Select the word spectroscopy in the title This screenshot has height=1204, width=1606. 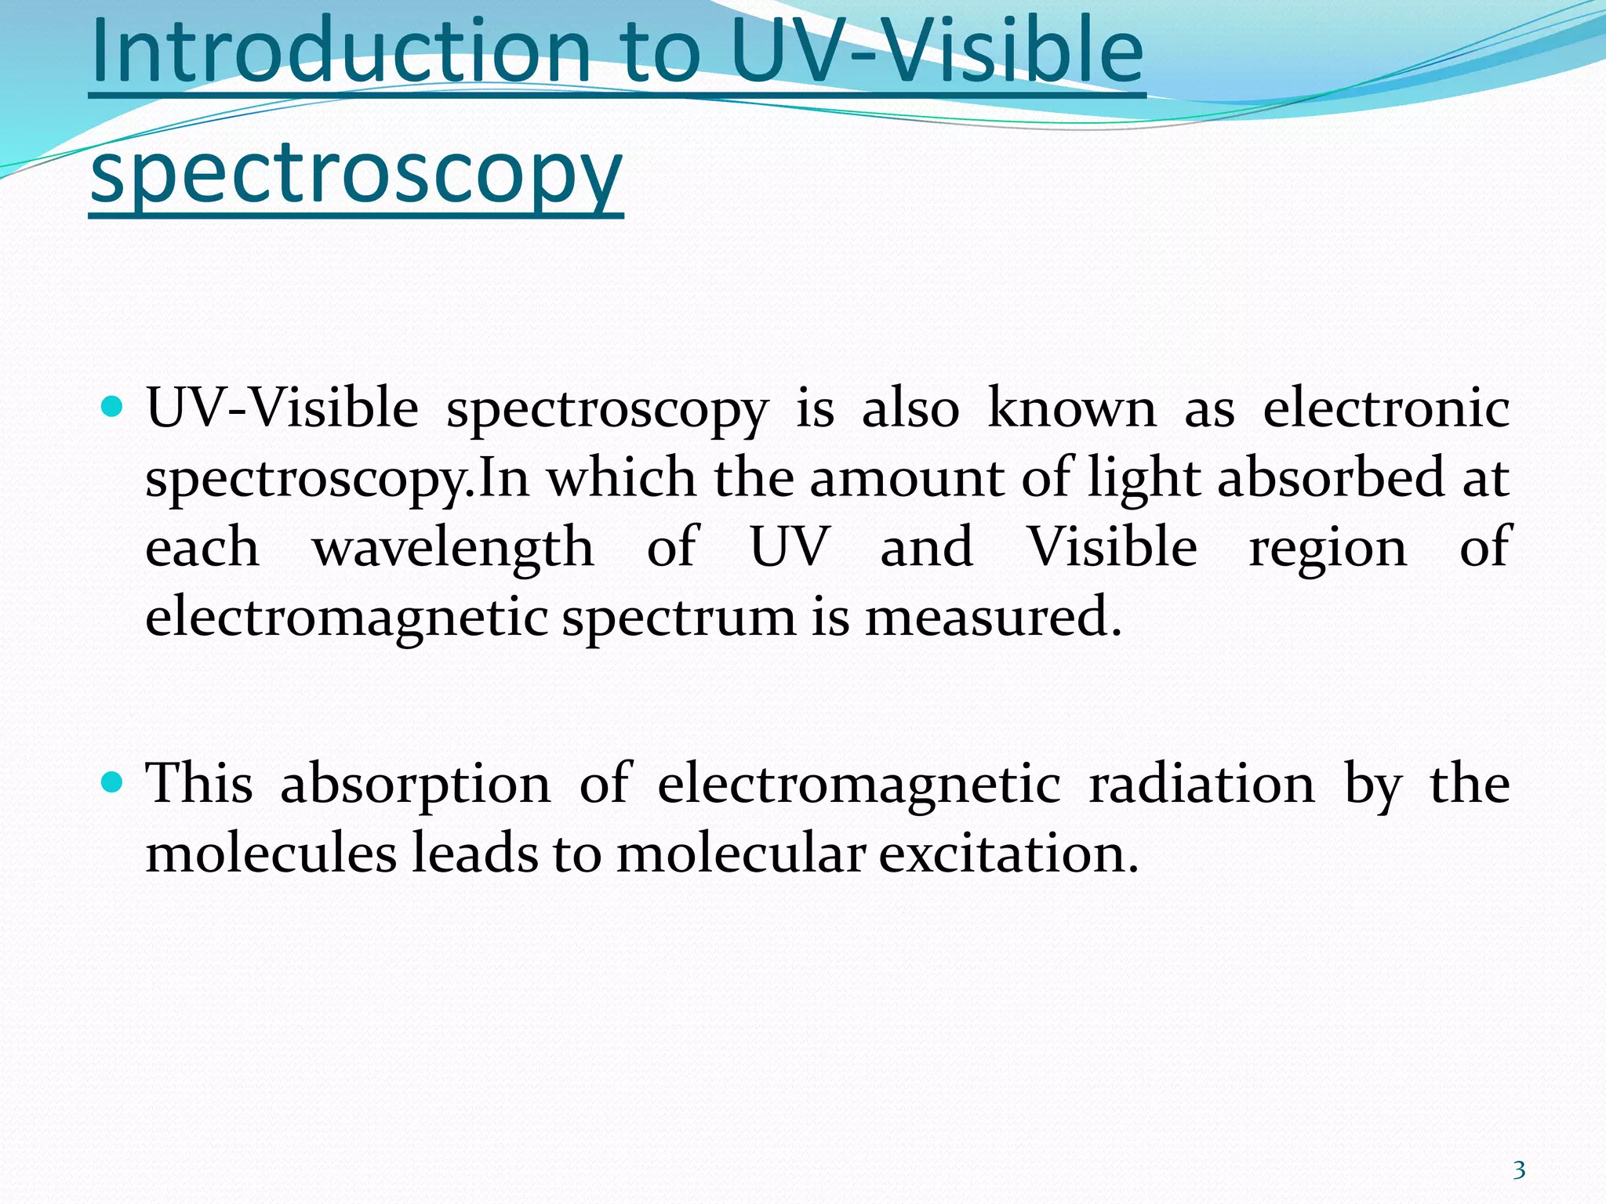coord(356,174)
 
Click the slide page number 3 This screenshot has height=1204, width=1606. coord(1519,1170)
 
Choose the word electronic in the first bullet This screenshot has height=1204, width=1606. coord(1386,408)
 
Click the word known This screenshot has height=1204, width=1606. coord(1071,408)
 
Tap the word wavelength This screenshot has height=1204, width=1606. coord(452,548)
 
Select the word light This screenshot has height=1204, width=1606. coord(1143,478)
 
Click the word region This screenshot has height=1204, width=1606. coord(1328,548)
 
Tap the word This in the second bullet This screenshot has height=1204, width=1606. coord(199,783)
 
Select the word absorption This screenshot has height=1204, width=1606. coord(416,785)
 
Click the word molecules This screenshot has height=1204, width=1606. coord(271,853)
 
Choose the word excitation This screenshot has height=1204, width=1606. coord(1008,853)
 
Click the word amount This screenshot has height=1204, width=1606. coord(906,478)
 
